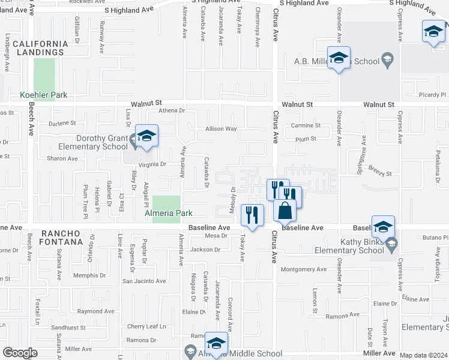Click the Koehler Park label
(43, 95)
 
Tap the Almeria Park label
(167, 213)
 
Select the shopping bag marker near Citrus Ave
(285, 211)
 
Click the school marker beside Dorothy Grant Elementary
(145, 136)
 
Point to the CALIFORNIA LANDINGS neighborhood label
(41, 48)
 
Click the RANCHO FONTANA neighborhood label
(61, 237)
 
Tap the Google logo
(20, 353)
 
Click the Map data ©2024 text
(423, 355)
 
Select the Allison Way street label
(221, 129)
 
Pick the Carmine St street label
(306, 125)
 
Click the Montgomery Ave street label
(304, 269)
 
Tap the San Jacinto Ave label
(144, 281)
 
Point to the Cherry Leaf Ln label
(146, 326)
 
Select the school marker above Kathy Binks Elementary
(383, 227)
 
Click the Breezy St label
(380, 174)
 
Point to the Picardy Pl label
(433, 95)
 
